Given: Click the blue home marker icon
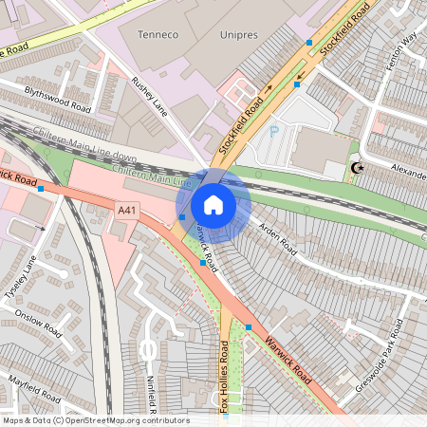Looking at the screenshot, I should tap(213, 204).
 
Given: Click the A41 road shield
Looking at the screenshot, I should tap(127, 209).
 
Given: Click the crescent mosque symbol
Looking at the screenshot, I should tap(358, 168).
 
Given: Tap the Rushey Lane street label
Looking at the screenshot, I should tap(149, 98).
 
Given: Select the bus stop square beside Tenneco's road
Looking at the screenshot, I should tap(309, 43).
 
